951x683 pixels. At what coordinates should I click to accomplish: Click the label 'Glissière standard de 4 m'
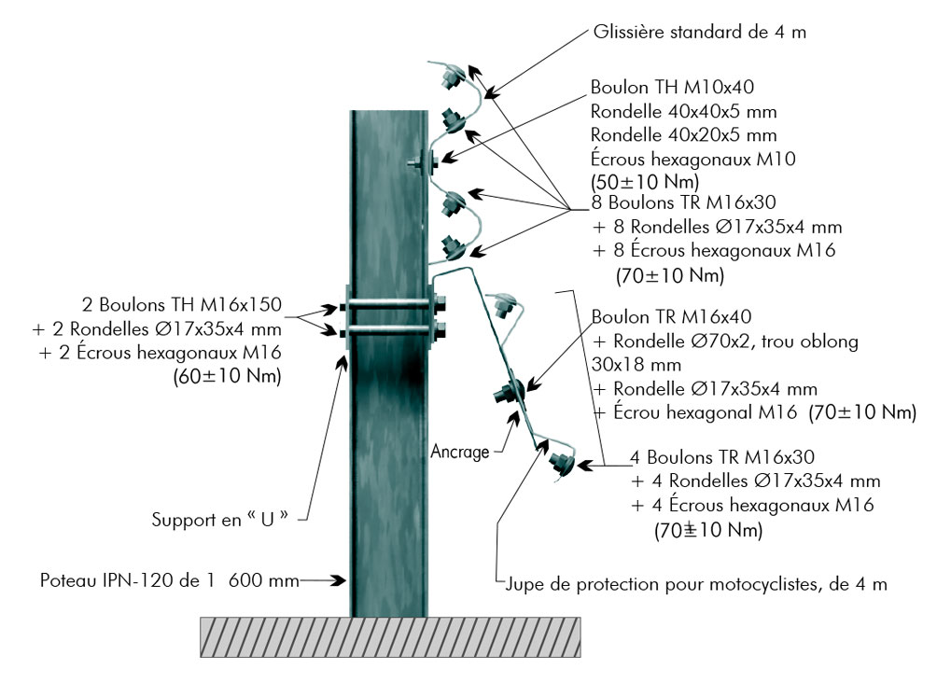[x=699, y=33]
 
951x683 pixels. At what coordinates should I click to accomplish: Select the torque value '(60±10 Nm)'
[x=228, y=377]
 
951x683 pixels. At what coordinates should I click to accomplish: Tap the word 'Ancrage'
[x=460, y=453]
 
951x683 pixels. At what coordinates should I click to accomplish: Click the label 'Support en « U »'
[x=228, y=519]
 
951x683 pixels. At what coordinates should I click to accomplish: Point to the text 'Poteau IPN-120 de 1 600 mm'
[x=169, y=580]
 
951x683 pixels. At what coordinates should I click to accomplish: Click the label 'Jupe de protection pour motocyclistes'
[x=695, y=585]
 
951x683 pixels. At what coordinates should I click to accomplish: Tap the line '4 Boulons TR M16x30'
[x=709, y=457]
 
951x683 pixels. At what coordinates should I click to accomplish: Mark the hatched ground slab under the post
[x=389, y=636]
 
